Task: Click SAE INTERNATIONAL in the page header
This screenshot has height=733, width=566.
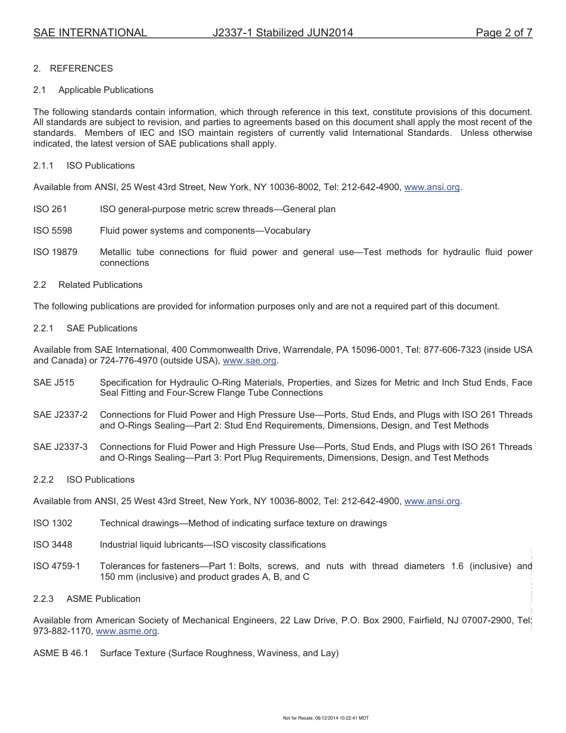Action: point(90,33)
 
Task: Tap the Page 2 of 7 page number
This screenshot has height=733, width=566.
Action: point(503,33)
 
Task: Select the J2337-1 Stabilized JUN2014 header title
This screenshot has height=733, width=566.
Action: point(283,33)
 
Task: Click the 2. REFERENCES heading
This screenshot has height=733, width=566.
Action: point(73,69)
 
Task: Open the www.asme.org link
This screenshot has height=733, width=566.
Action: point(126,631)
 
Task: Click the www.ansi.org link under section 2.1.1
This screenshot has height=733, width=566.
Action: point(432,187)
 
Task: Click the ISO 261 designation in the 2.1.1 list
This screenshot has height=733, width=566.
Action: point(50,209)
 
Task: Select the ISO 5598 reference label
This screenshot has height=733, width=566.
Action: point(52,231)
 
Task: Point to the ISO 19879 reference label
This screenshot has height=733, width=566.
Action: point(55,252)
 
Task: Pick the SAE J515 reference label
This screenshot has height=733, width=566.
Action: point(54,383)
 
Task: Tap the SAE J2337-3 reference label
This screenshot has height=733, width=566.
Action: point(60,447)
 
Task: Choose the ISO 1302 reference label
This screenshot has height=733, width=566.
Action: point(52,523)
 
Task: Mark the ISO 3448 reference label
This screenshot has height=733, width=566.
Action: point(52,545)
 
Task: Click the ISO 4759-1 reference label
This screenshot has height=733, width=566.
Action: point(57,566)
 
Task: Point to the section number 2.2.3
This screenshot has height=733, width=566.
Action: point(43,599)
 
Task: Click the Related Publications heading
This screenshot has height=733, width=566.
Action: point(100,285)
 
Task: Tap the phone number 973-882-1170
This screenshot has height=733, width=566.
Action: point(62,631)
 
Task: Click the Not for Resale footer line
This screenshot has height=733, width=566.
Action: point(325,718)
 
